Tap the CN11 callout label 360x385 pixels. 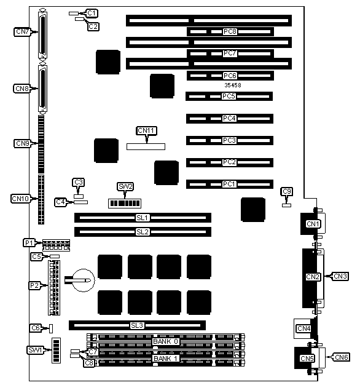tap(146, 130)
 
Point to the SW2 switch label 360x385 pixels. tap(125, 186)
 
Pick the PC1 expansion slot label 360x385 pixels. tap(229, 183)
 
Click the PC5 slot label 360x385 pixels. tap(229, 97)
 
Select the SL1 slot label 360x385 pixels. tap(143, 218)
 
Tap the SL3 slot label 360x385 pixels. tap(136, 325)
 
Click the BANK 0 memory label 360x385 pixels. tap(165, 341)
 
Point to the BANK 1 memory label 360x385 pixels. tap(165, 358)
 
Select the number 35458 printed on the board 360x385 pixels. tap(232, 85)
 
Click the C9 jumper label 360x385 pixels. tap(287, 192)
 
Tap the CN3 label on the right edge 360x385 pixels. tap(340, 276)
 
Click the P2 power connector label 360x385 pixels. tap(35, 285)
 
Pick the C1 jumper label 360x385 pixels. tap(92, 13)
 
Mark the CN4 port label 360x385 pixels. tap(303, 328)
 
